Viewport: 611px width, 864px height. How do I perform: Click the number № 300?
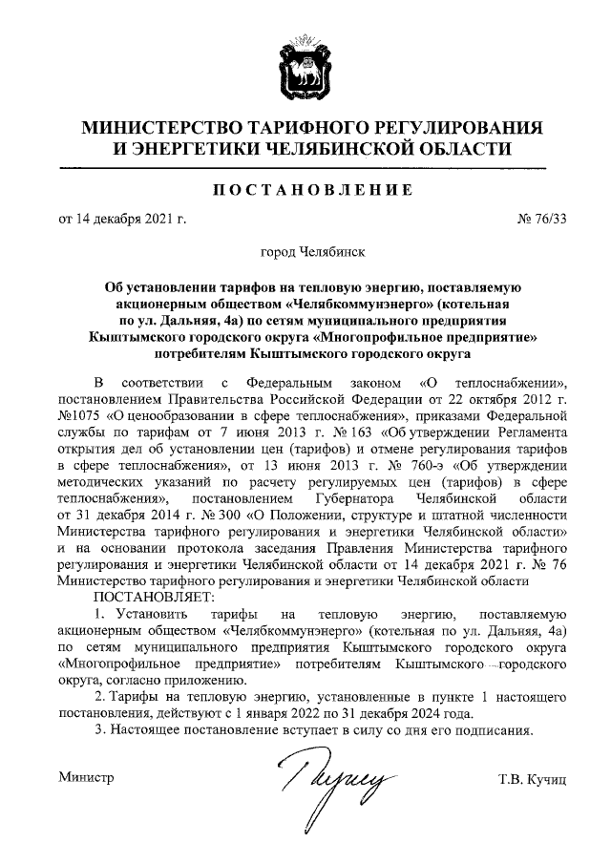pyautogui.click(x=199, y=516)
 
